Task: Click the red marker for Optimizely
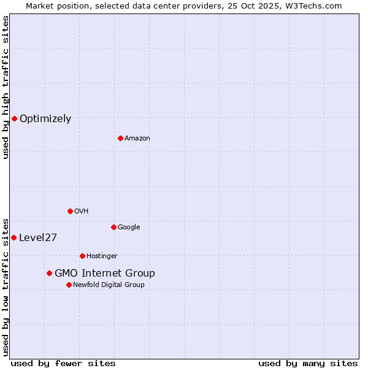point(14,118)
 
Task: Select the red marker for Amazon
point(120,138)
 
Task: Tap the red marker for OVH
point(70,211)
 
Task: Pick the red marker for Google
point(113,227)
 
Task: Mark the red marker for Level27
point(13,237)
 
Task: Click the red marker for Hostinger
point(82,256)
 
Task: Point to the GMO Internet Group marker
point(49,273)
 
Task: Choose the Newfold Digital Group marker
point(69,285)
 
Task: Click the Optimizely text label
point(45,119)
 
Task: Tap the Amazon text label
point(137,139)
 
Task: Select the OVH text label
point(82,212)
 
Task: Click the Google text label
point(129,228)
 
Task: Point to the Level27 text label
point(38,238)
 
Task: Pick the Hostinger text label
point(102,256)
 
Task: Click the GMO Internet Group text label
point(105,274)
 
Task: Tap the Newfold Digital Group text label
point(109,285)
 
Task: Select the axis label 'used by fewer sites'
point(63,363)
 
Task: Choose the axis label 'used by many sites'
point(308,363)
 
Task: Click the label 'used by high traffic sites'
point(6,87)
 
